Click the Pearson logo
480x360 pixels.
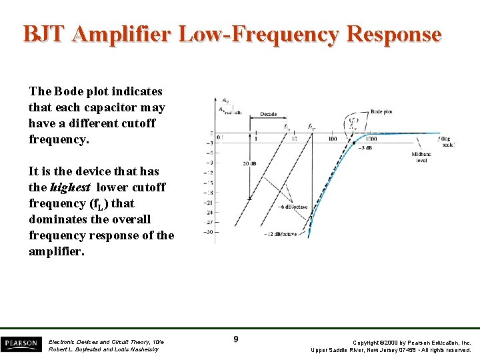(x=21, y=344)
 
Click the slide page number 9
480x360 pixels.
(x=236, y=340)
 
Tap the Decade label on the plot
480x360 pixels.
(x=269, y=115)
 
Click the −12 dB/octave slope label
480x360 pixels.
(x=286, y=234)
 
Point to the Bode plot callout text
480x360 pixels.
(x=381, y=112)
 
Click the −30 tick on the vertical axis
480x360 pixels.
(x=208, y=232)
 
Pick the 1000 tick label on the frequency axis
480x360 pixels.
(x=371, y=139)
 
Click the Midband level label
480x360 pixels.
(x=421, y=157)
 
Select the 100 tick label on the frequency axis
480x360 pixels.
(x=332, y=139)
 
